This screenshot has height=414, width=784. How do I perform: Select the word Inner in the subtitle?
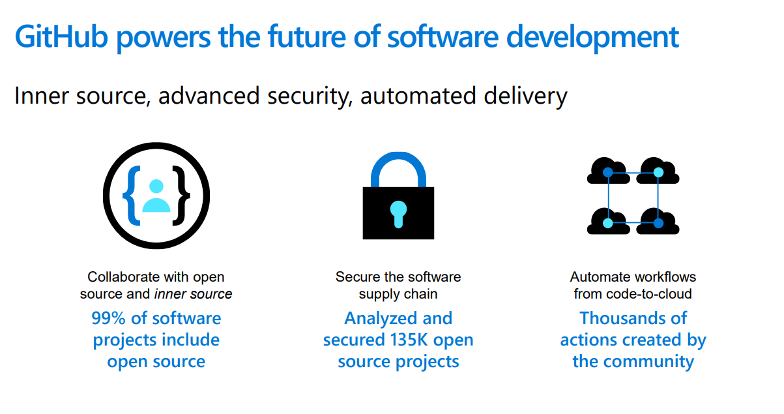tap(40, 96)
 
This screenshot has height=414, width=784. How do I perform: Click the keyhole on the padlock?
tap(398, 213)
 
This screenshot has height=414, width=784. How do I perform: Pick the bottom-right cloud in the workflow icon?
tap(658, 222)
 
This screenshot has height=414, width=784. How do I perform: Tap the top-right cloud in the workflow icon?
tap(658, 171)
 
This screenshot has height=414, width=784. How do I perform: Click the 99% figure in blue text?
tap(108, 318)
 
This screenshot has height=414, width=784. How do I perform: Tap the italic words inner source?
tap(193, 294)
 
